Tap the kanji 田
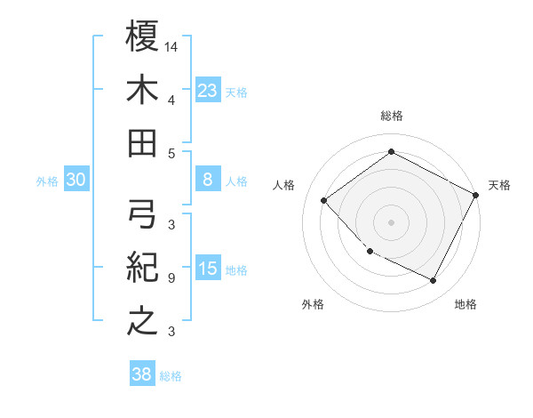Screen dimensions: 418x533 (142, 142)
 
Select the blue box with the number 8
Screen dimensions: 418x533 (208, 180)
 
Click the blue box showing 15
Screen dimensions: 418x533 (208, 269)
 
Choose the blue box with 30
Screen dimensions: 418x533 (76, 180)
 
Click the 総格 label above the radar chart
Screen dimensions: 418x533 (391, 116)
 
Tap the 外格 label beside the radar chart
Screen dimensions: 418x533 (313, 304)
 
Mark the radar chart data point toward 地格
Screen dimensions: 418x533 (434, 281)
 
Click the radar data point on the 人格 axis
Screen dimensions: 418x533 (324, 201)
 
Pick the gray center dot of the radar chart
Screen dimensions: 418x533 (391, 222)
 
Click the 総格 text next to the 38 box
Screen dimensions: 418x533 (171, 376)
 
